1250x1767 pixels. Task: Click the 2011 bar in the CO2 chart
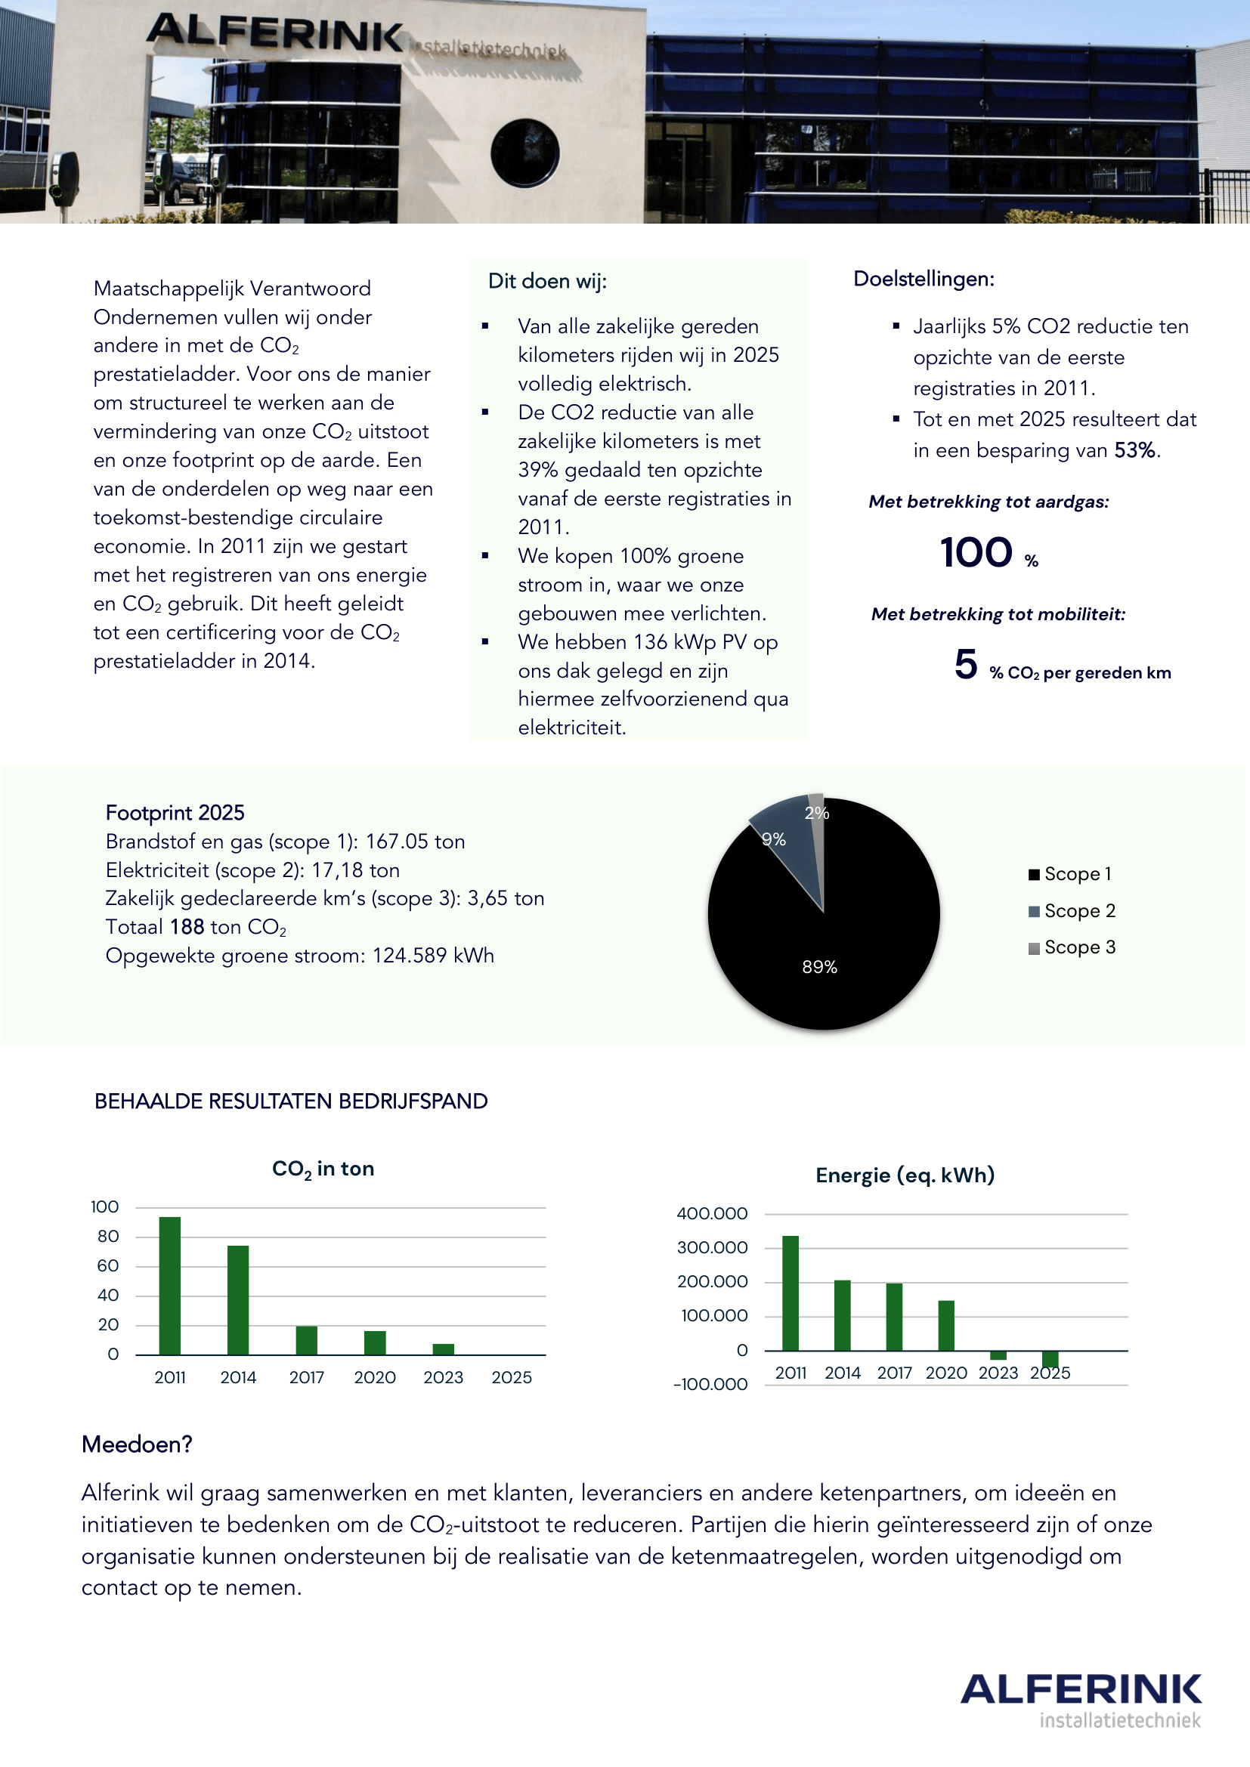click(x=169, y=1285)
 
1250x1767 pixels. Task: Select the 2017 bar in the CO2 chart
click(x=306, y=1340)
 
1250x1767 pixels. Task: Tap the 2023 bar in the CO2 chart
click(x=444, y=1349)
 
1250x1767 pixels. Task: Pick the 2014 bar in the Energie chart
click(x=842, y=1315)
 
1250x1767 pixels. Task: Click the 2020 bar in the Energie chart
click(x=946, y=1325)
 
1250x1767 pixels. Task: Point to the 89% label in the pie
click(x=819, y=967)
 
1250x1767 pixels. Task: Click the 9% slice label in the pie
click(x=774, y=839)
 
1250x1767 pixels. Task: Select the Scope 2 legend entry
click(x=1072, y=911)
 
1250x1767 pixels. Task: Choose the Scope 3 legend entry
click(x=1072, y=947)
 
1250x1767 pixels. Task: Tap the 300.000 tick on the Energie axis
click(x=712, y=1247)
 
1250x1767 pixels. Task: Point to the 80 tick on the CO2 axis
click(x=109, y=1237)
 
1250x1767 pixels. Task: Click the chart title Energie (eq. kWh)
click(x=905, y=1175)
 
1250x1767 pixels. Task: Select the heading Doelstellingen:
click(x=924, y=279)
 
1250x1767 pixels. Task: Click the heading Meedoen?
click(x=137, y=1444)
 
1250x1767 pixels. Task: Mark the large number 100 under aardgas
click(x=976, y=552)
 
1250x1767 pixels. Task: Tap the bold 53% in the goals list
click(x=1134, y=450)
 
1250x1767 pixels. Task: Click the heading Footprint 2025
click(x=175, y=813)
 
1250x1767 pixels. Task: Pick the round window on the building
click(x=525, y=153)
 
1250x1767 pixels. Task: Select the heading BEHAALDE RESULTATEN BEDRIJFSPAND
click(x=291, y=1101)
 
